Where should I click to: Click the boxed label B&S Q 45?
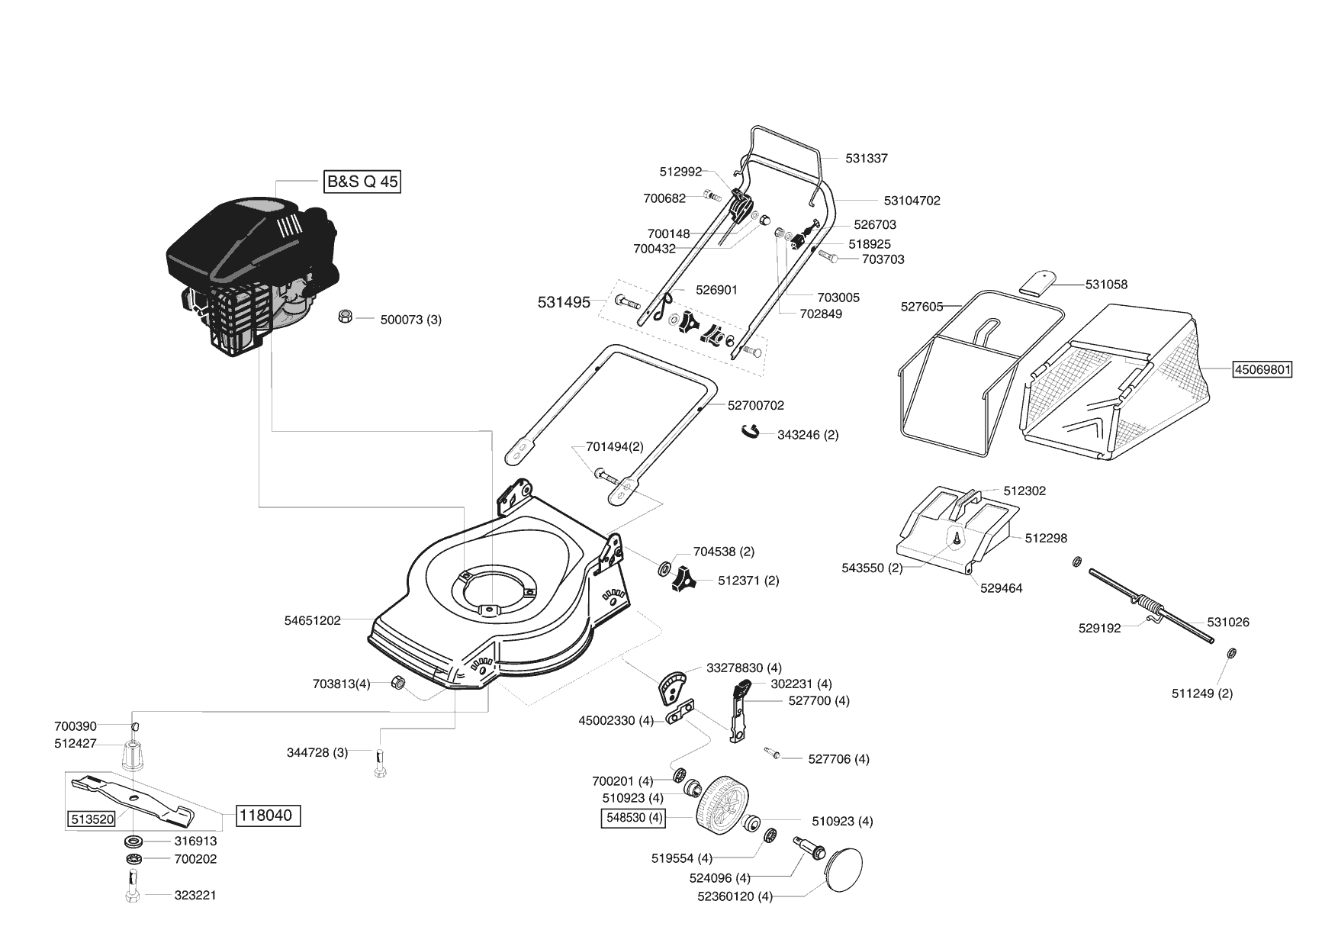[362, 182]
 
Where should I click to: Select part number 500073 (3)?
[411, 320]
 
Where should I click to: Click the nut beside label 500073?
[345, 317]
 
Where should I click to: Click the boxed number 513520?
[92, 819]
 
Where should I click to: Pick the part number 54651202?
[313, 621]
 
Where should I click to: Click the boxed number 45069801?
[1262, 370]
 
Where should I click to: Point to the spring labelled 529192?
[1149, 607]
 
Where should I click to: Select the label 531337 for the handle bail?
[867, 159]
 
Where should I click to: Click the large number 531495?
[564, 303]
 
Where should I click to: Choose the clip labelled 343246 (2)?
[751, 433]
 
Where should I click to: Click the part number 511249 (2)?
[1202, 693]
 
